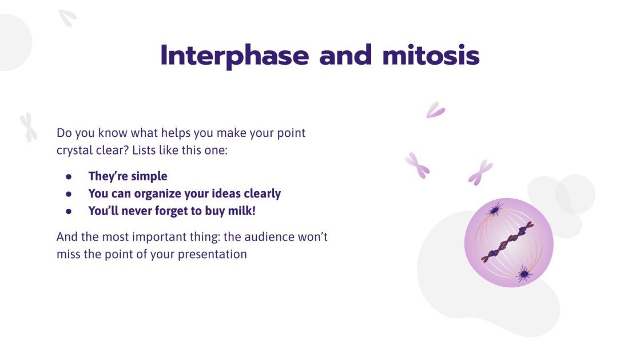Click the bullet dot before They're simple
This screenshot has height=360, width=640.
(x=69, y=177)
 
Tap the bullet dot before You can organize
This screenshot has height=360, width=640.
(x=69, y=194)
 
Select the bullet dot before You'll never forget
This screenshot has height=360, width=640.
(x=69, y=211)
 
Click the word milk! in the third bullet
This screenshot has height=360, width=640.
(x=243, y=211)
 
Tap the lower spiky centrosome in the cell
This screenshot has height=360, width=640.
(x=523, y=275)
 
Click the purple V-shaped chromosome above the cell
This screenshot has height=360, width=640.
(x=435, y=110)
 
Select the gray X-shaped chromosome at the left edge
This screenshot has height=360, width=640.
(x=28, y=127)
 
